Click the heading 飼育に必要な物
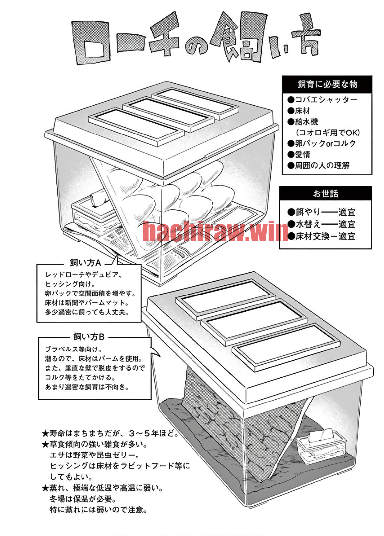point(327,84)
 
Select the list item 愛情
point(299,154)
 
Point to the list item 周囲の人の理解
point(318,165)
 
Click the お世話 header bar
point(325,193)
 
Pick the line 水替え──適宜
point(321,224)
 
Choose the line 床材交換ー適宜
point(321,236)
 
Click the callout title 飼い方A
point(85,263)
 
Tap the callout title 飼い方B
point(89,337)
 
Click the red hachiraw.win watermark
point(215,231)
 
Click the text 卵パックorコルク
point(322,143)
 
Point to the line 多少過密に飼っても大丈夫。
point(87,312)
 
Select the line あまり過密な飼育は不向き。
point(87,387)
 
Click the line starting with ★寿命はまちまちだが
point(110,433)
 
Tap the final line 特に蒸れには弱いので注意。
point(98,510)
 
